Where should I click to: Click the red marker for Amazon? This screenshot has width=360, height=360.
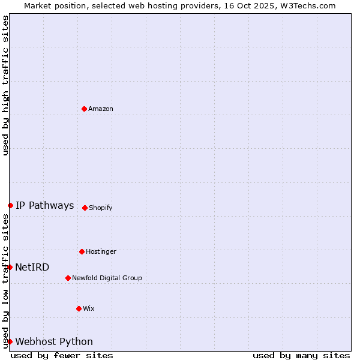[x=84, y=109]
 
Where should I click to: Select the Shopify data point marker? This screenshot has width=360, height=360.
[x=85, y=208]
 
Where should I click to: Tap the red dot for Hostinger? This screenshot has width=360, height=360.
[x=82, y=251]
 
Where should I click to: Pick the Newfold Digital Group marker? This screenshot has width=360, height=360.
[x=68, y=278]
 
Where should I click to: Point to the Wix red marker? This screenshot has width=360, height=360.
[x=79, y=308]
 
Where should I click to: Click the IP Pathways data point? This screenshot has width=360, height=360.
[x=10, y=205]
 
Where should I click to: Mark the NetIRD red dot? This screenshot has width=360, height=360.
[x=10, y=267]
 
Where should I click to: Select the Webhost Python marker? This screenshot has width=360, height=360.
[x=10, y=341]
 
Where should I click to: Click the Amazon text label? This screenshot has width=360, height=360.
[x=101, y=109]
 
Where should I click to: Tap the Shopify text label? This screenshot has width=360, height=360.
[x=101, y=208]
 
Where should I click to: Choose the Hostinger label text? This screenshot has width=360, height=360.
[x=101, y=251]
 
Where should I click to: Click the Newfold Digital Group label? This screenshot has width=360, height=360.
[x=107, y=278]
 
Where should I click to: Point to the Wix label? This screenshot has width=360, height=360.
[x=89, y=308]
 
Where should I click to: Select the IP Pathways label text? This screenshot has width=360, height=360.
[x=45, y=205]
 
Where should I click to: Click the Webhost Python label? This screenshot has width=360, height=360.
[x=54, y=341]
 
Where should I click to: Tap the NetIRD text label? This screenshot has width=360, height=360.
[x=32, y=267]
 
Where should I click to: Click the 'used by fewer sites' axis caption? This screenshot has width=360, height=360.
[x=62, y=355]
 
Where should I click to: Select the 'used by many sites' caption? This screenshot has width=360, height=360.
[x=301, y=355]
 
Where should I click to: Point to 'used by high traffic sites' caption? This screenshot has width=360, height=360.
[x=5, y=85]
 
